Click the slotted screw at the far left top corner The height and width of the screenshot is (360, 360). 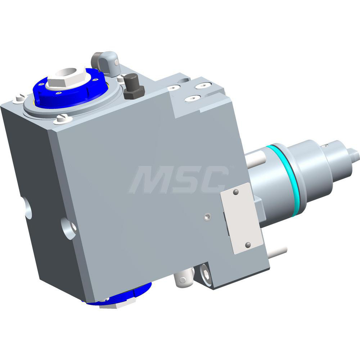(x=19, y=98)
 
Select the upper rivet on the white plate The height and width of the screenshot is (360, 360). (x=235, y=193)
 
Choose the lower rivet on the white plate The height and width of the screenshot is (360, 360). (x=248, y=245)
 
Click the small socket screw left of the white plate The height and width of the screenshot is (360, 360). (x=207, y=216)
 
